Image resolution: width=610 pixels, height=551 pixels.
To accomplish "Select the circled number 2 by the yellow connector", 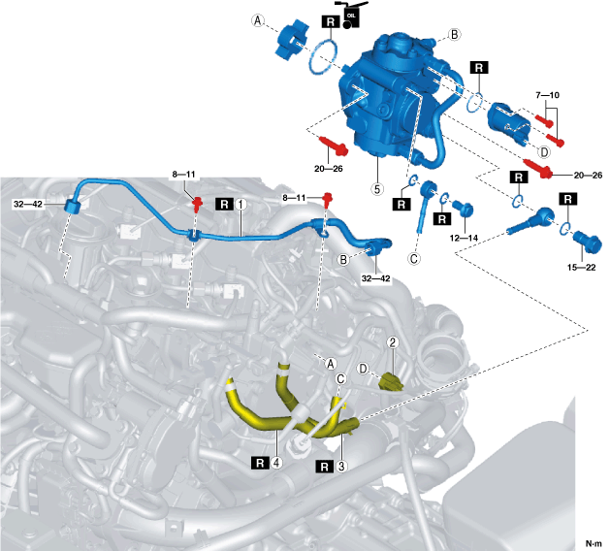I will pyautogui.click(x=393, y=342).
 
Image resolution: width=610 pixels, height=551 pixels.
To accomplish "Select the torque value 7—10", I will pyautogui.click(x=548, y=96).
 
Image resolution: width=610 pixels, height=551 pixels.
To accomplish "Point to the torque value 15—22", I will pyautogui.click(x=582, y=266).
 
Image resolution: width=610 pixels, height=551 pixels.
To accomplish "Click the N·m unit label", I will pyautogui.click(x=593, y=543).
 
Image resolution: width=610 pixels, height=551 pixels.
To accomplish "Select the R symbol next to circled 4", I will pyautogui.click(x=260, y=463).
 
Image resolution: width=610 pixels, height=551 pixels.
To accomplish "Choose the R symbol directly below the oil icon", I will pyautogui.click(x=329, y=46).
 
